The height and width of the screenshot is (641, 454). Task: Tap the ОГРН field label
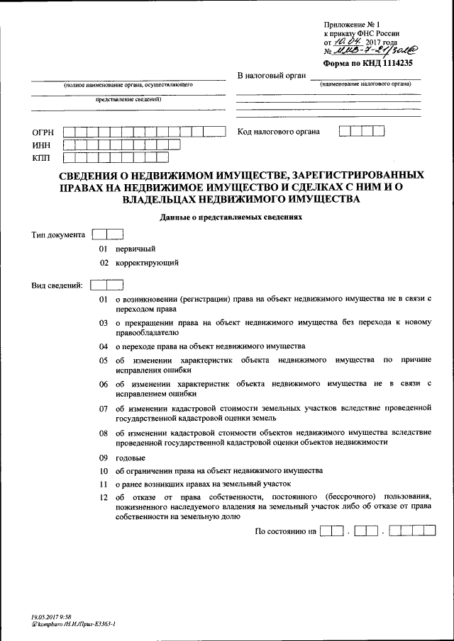click(x=43, y=132)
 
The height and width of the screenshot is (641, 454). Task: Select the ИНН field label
click(x=41, y=144)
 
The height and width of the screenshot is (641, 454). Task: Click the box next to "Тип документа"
click(x=109, y=234)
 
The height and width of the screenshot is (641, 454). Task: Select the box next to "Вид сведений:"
click(x=109, y=285)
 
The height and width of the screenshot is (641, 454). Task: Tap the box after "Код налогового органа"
click(x=362, y=131)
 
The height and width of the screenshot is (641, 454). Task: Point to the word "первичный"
click(x=135, y=249)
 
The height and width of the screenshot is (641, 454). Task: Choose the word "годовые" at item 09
click(x=131, y=458)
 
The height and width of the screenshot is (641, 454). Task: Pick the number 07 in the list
click(x=103, y=409)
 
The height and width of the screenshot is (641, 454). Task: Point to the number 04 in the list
click(x=103, y=346)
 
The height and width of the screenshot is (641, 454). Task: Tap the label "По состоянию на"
click(x=284, y=531)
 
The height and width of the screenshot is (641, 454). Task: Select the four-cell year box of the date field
click(x=412, y=531)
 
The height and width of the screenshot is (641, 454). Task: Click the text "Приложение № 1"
click(x=350, y=24)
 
